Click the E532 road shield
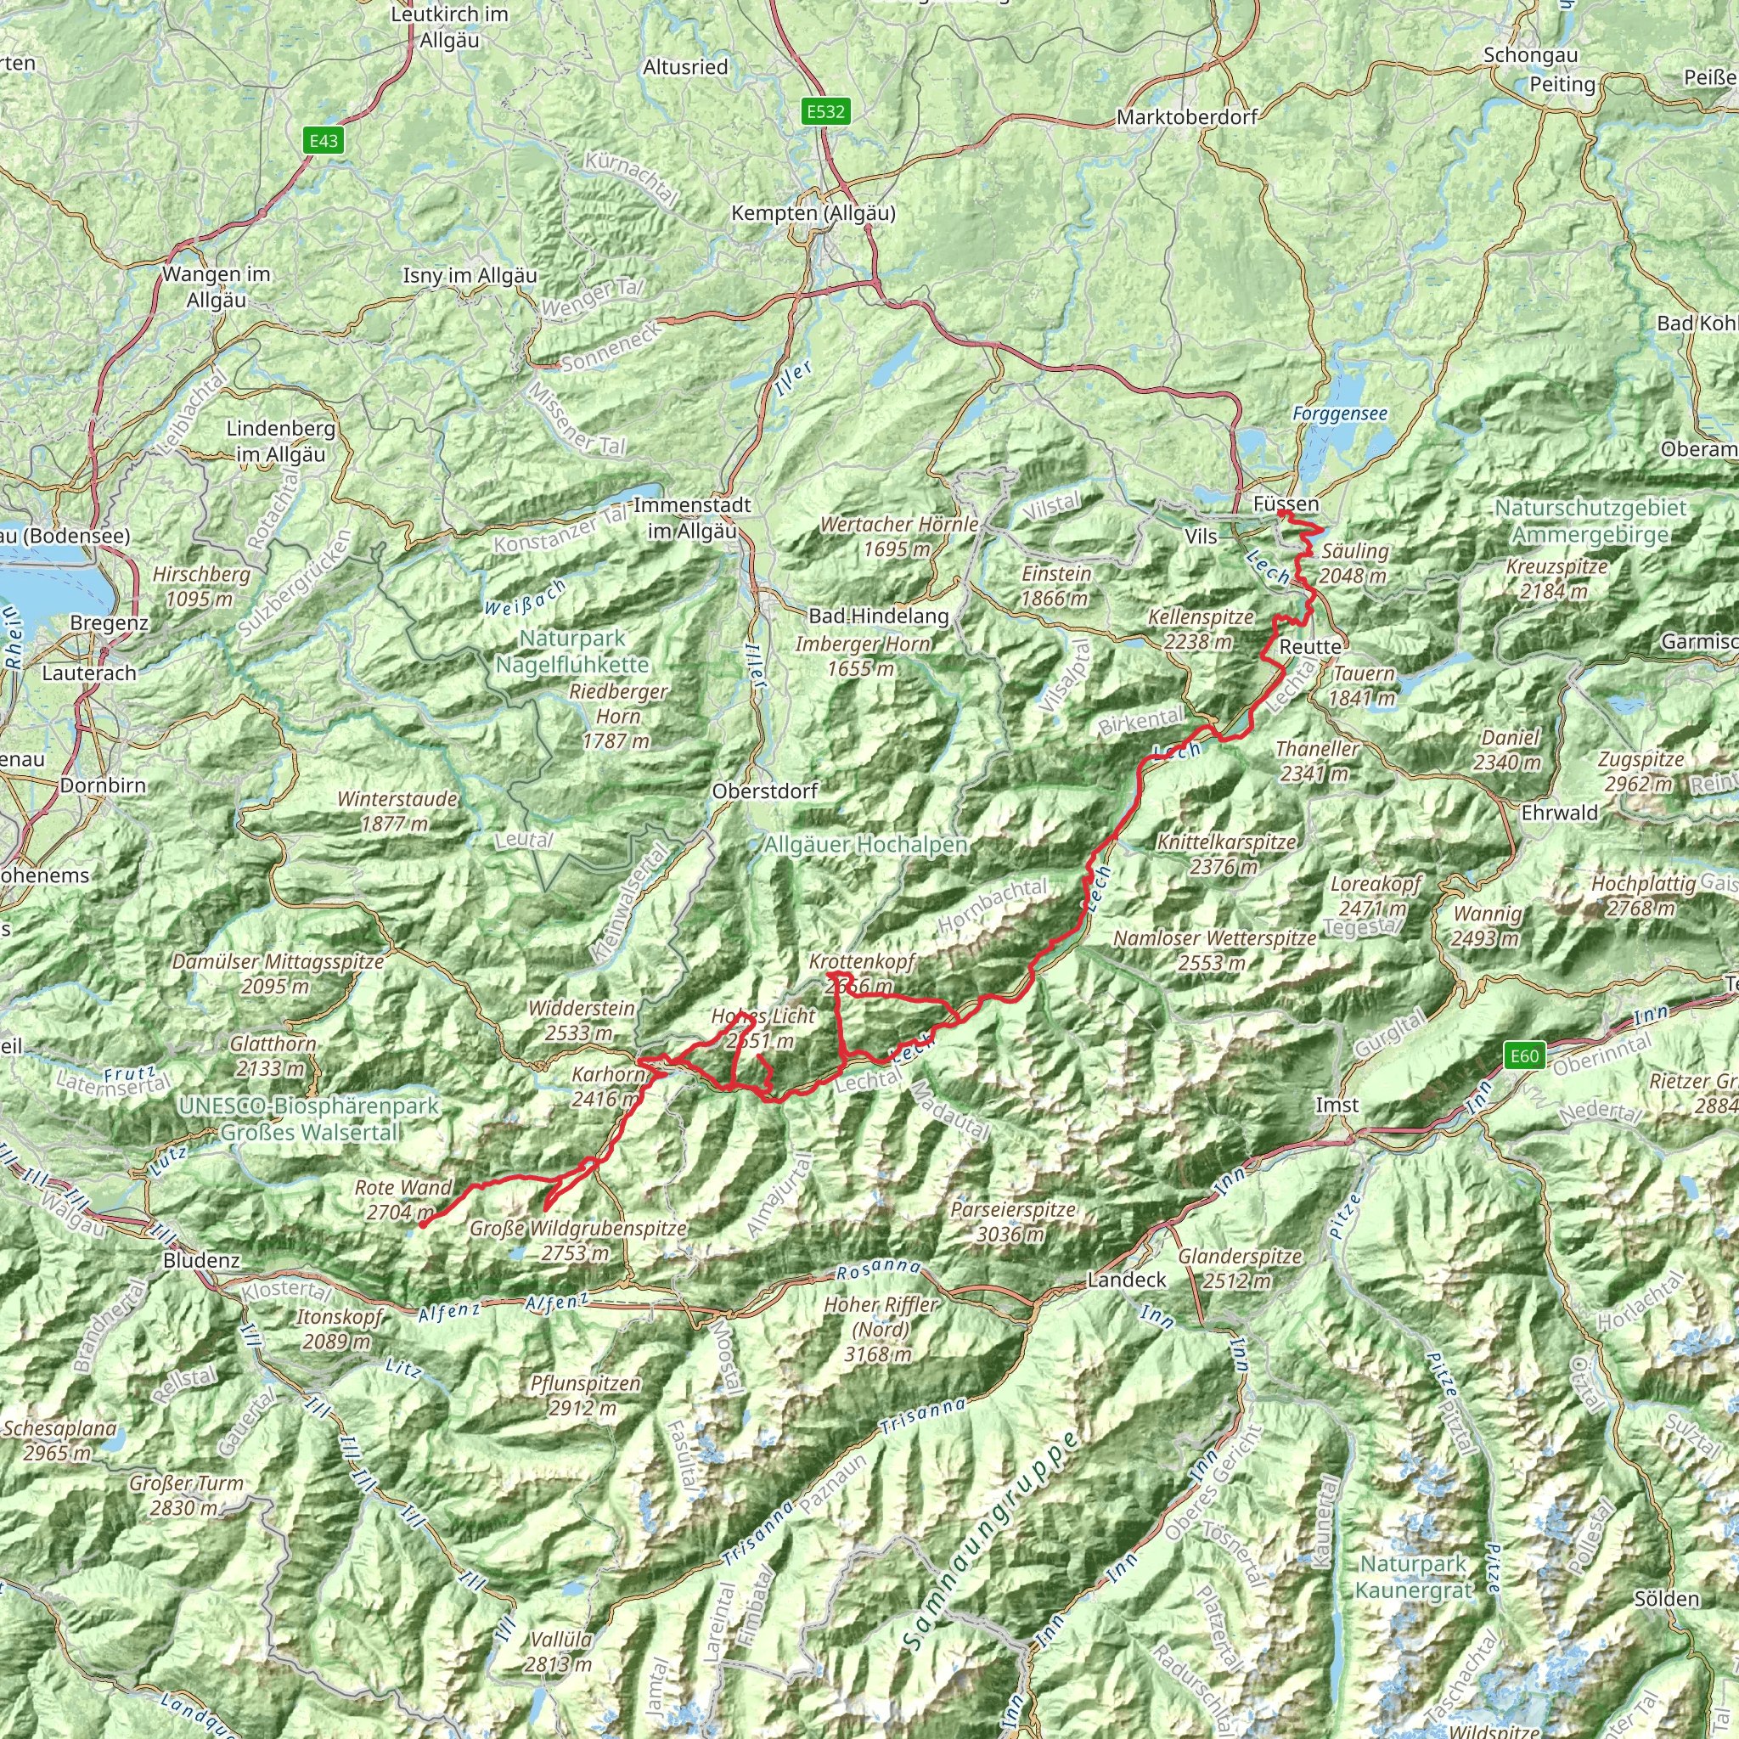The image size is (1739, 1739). coord(825,111)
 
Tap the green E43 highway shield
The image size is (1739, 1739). coord(324,140)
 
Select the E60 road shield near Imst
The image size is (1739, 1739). coord(1524,1055)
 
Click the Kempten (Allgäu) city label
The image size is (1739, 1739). coord(813,213)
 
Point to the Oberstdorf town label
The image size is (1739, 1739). coord(764,791)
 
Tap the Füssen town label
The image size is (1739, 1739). coord(1286,504)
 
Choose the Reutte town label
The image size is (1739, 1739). coord(1310,646)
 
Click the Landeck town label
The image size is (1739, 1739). coord(1127,1279)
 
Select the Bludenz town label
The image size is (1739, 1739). coord(201,1260)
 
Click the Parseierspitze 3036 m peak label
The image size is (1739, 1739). coord(1014,1221)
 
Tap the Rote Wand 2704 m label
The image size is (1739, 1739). coord(402,1200)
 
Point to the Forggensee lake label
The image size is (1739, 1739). coord(1339,414)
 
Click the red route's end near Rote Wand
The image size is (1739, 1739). coord(420,1224)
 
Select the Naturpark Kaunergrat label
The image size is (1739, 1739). coord(1413,1577)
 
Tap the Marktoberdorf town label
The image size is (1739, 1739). coord(1186,117)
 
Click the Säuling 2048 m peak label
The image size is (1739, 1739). coord(1354,563)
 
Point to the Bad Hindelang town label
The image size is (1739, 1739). coord(879,616)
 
